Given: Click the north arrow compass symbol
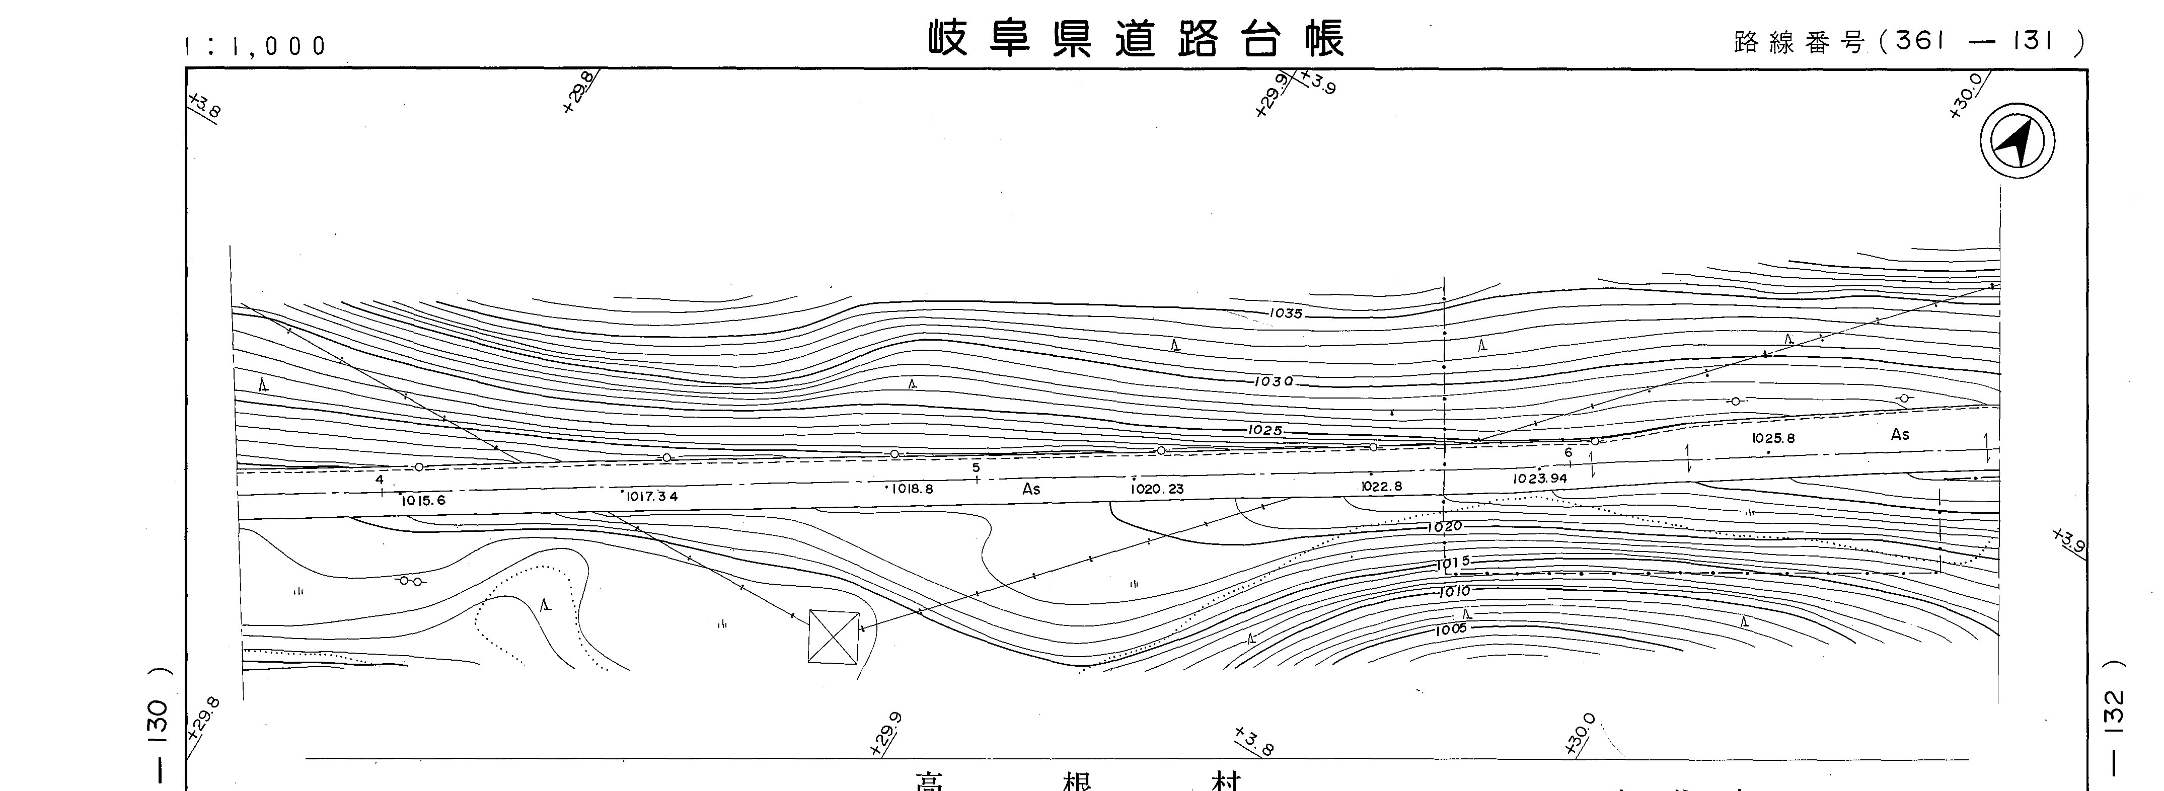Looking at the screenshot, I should point(2017,141).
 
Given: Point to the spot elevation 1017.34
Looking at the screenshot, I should point(651,496).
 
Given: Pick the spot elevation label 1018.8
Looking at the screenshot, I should point(912,489).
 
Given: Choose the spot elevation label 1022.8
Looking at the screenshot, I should point(1382,486).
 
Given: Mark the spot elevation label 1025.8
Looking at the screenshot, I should point(1773,438).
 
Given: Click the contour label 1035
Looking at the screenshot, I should point(1285,314).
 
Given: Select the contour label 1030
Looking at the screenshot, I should point(1274,381).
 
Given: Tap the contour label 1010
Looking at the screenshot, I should point(1454,592).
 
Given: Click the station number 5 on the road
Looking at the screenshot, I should point(976,468).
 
